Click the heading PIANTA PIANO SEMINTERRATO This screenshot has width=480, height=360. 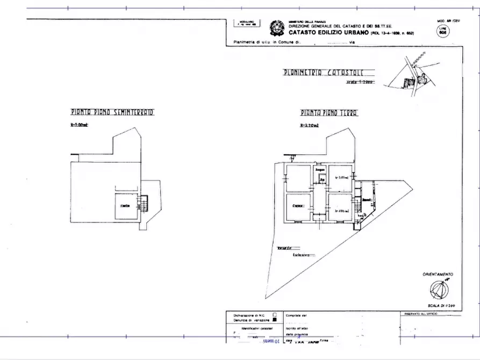(x=112, y=113)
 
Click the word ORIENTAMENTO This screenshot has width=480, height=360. (x=438, y=274)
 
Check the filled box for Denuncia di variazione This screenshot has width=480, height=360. (x=274, y=319)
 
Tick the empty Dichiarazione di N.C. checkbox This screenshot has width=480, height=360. (x=274, y=314)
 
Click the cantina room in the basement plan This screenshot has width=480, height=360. (x=125, y=206)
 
